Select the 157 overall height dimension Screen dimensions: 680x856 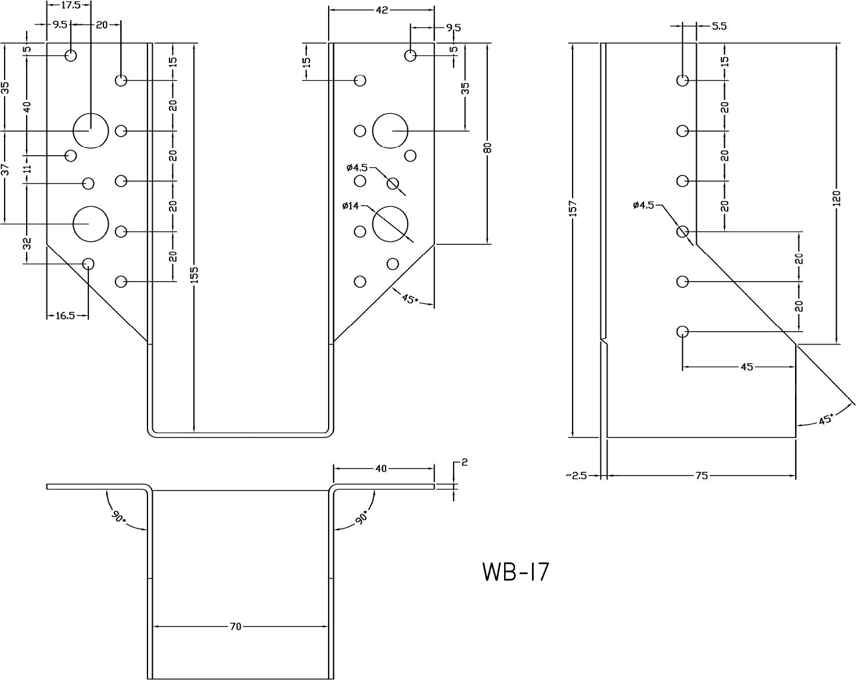(573, 208)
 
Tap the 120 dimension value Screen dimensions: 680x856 (836, 197)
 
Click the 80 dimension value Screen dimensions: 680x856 (487, 147)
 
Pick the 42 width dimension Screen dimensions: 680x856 (382, 9)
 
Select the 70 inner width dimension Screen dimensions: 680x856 (235, 627)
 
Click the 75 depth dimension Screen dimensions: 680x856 (702, 475)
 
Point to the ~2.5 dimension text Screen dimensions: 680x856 (576, 475)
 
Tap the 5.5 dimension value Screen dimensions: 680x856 (718, 26)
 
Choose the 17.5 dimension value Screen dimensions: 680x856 (69, 5)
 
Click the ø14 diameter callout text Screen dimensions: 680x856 (351, 206)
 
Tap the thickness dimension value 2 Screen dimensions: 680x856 (464, 463)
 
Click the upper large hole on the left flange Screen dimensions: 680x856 (91, 131)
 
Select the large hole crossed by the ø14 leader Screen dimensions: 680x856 (390, 223)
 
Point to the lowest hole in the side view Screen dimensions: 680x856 (683, 332)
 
